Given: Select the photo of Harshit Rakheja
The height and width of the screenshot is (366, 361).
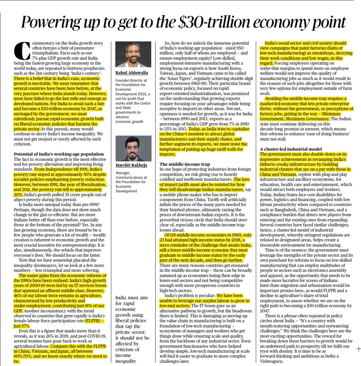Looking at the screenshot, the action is (x=133, y=148).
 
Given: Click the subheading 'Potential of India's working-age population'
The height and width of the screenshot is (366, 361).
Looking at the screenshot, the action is (x=59, y=154).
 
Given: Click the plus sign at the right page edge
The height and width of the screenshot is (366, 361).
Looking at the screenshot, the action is (x=358, y=349).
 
